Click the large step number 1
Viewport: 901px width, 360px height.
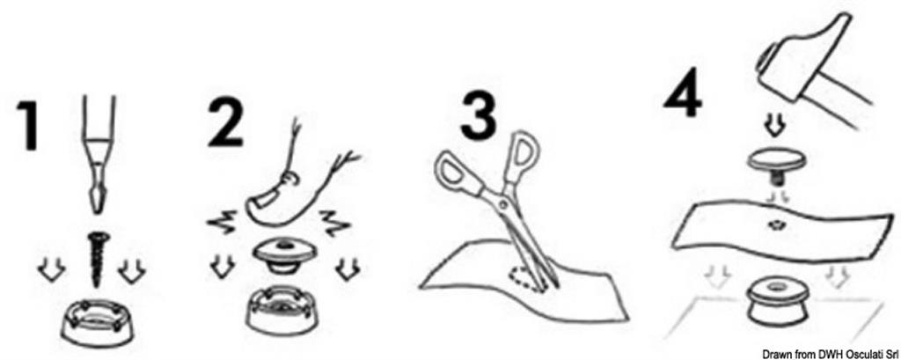coord(28,125)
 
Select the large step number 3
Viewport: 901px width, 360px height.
coord(480,118)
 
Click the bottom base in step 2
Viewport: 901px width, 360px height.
coord(282,311)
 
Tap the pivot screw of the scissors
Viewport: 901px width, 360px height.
coord(503,203)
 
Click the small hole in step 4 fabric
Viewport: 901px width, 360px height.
coord(776,224)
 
